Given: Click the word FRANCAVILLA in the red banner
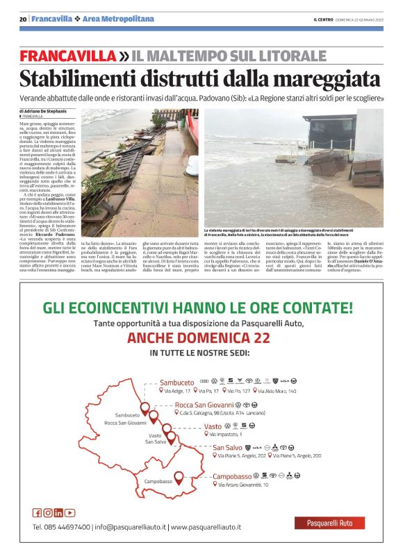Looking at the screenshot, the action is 67,55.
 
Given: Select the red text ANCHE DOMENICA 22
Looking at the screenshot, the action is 199,338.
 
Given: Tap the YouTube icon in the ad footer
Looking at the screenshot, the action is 71,513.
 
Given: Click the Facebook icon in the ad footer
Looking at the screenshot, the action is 37,513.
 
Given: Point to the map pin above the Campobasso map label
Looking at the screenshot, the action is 179,478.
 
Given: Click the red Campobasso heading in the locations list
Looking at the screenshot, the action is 231,476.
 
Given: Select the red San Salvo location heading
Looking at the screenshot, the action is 227,448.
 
